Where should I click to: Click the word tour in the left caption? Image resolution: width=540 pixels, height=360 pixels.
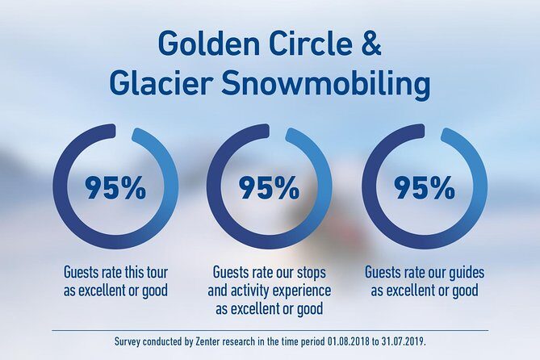pos(153,272)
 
